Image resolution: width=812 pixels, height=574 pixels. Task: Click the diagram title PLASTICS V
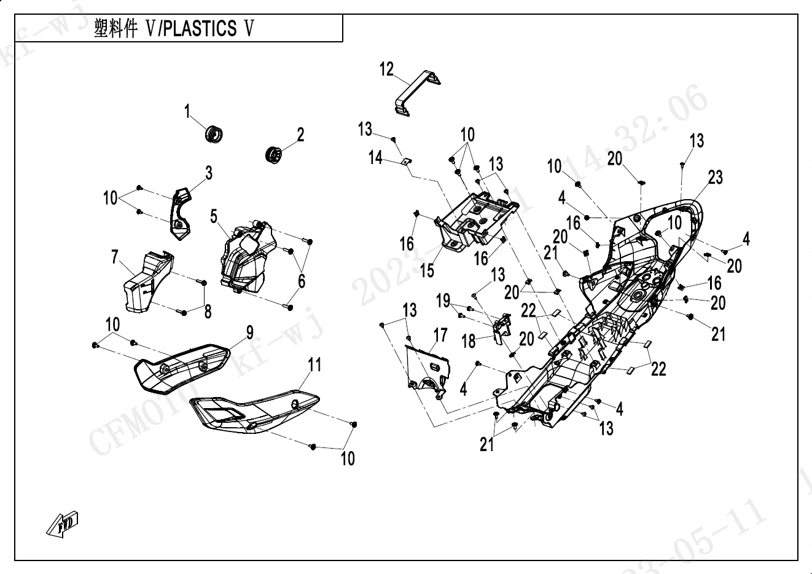click(173, 29)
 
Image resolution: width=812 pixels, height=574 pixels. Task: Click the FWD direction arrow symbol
click(63, 524)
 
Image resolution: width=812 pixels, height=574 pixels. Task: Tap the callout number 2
click(300, 134)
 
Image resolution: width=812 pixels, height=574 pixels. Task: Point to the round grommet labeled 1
click(214, 133)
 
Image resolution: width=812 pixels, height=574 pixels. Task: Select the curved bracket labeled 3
click(179, 213)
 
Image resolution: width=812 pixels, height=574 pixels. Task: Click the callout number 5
click(214, 216)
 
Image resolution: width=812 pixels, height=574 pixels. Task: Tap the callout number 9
click(249, 332)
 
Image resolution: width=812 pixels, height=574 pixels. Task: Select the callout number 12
click(386, 69)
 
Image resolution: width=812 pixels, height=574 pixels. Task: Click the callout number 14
click(375, 158)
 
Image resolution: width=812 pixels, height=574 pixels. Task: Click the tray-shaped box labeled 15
click(473, 221)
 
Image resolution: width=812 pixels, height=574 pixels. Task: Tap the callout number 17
click(440, 335)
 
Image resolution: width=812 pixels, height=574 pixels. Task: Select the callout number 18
click(469, 340)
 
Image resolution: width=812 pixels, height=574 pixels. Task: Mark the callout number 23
click(715, 178)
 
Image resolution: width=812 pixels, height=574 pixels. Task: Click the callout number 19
click(443, 301)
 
